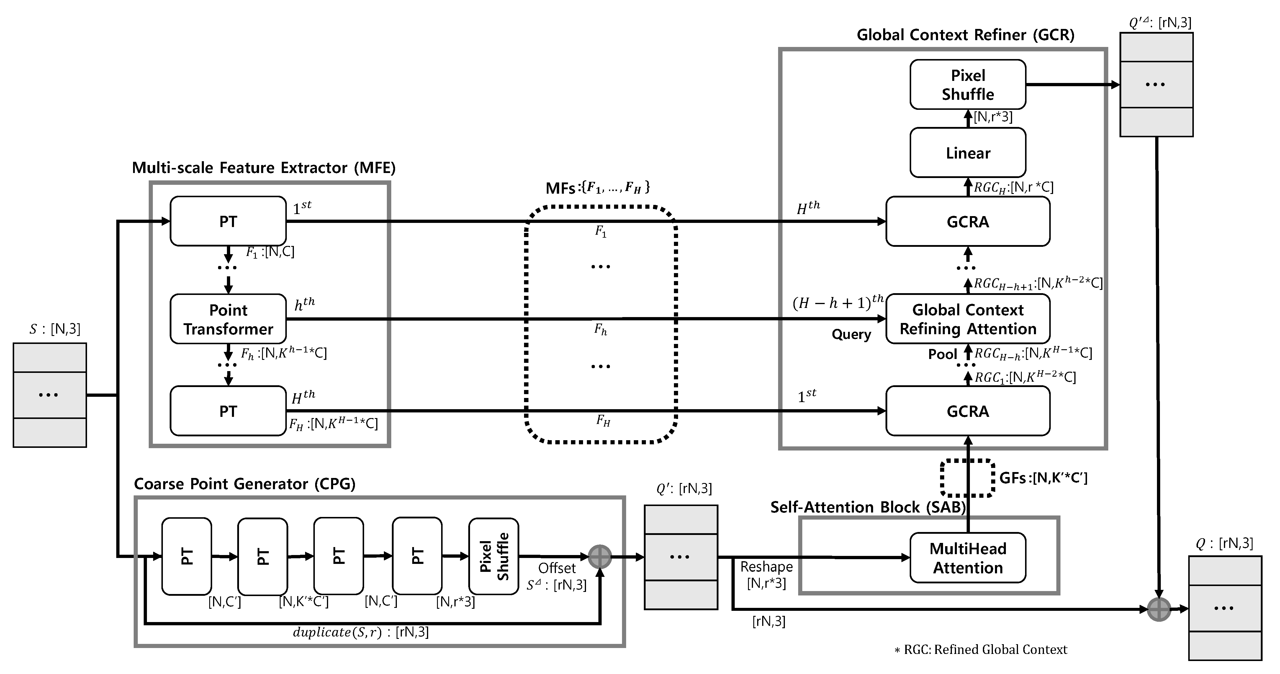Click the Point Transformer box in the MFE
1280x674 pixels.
pyautogui.click(x=228, y=319)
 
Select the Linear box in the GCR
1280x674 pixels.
pyautogui.click(x=968, y=153)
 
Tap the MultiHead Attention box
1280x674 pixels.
pyautogui.click(x=968, y=558)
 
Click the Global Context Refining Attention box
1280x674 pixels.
pyautogui.click(x=968, y=319)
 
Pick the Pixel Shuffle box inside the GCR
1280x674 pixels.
pyautogui.click(x=968, y=84)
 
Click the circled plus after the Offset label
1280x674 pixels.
pyautogui.click(x=600, y=557)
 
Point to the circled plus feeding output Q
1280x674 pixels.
pyautogui.click(x=1159, y=609)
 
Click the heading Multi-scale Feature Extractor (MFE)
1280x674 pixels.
pyautogui.click(x=264, y=168)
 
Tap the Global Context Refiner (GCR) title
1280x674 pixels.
pyautogui.click(x=965, y=35)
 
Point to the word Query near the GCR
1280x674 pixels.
pyautogui.click(x=851, y=334)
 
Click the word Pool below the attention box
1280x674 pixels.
pyautogui.click(x=942, y=354)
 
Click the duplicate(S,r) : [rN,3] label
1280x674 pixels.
pyautogui.click(x=360, y=632)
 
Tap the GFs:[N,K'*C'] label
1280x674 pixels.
pyautogui.click(x=1043, y=478)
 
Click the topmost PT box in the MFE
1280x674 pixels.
pyautogui.click(x=228, y=221)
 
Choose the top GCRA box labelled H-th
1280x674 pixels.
pyautogui.click(x=968, y=222)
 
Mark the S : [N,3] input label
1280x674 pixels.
pyautogui.click(x=55, y=329)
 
